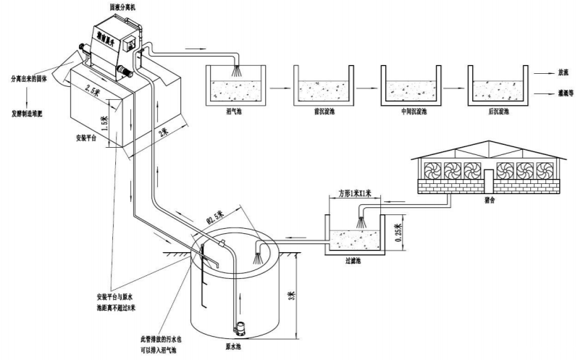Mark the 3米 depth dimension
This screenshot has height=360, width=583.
click(x=290, y=296)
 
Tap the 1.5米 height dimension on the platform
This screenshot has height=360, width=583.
click(x=104, y=116)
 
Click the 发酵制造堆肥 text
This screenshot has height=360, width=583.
click(x=32, y=114)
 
